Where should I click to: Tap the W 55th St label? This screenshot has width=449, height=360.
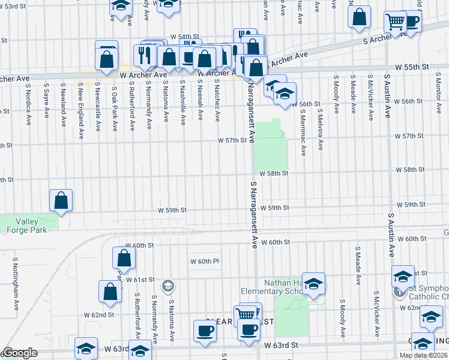tap(413, 67)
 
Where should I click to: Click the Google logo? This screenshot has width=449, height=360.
tap(19, 353)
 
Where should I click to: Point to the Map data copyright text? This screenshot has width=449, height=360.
tap(423, 355)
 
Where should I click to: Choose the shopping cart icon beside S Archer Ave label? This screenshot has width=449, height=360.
tap(396, 22)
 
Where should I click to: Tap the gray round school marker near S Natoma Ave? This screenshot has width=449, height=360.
tap(168, 285)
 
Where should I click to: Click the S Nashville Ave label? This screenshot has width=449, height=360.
tap(183, 106)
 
